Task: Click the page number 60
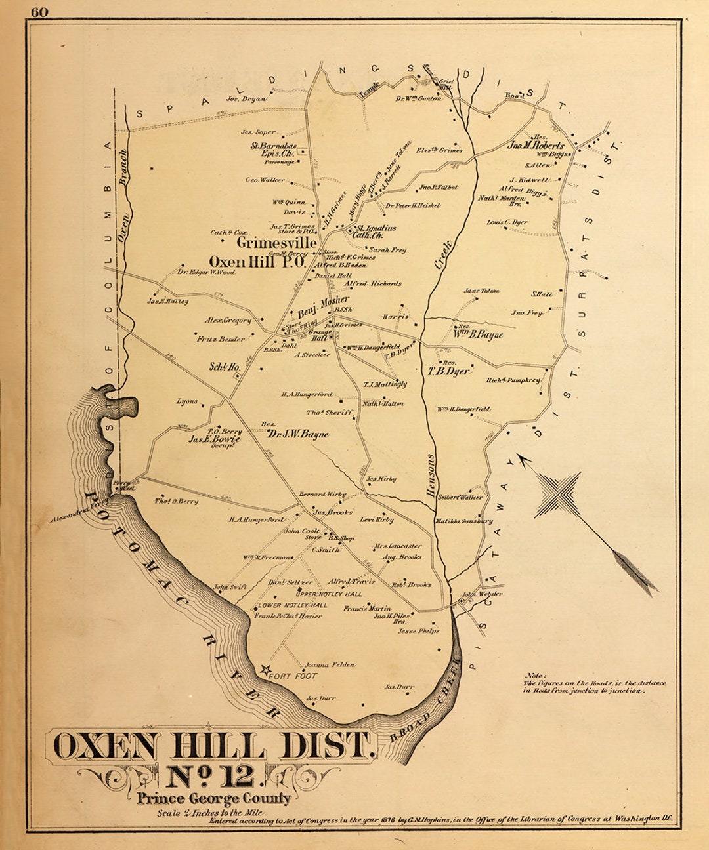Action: [39, 11]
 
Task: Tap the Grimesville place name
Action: [276, 243]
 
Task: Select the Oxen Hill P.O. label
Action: [257, 262]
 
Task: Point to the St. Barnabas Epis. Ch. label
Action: [274, 150]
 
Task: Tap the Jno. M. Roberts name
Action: [536, 146]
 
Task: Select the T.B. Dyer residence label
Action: [449, 371]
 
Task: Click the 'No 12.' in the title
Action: [210, 776]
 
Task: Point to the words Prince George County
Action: [214, 798]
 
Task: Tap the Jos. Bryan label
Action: [246, 99]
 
